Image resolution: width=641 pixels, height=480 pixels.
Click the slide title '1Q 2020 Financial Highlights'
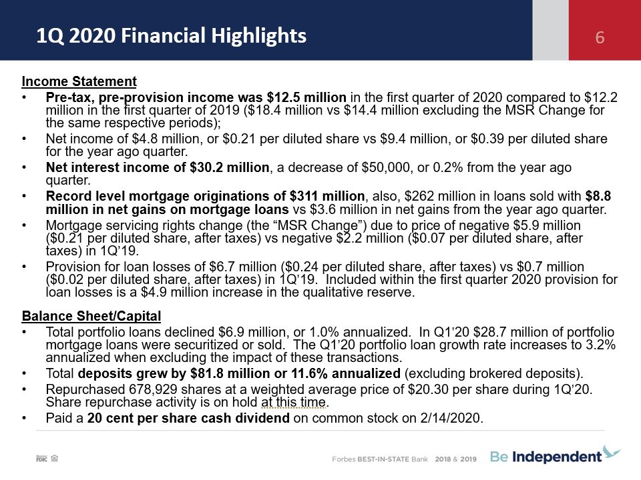(x=172, y=36)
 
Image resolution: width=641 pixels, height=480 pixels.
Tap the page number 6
(x=600, y=37)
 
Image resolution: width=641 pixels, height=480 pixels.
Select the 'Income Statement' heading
(x=79, y=81)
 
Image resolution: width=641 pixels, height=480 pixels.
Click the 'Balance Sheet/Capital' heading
(x=91, y=316)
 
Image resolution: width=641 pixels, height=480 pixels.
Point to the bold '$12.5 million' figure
(x=306, y=97)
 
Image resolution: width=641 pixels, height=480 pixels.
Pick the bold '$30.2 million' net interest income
(x=229, y=167)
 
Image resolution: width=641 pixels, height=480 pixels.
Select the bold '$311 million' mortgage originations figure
(x=327, y=196)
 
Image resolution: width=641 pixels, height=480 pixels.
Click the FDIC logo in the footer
(x=41, y=459)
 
